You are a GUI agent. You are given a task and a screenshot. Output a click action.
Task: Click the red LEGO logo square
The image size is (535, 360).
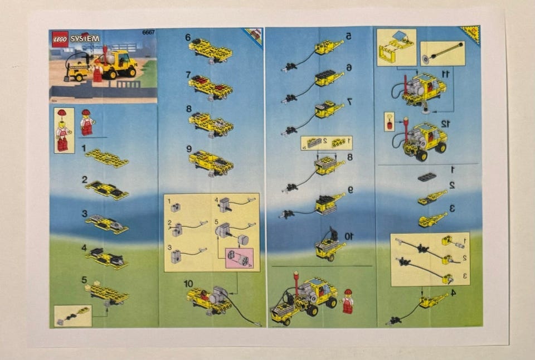click(x=60, y=39)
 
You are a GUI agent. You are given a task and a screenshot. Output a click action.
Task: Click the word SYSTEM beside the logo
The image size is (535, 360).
click(x=85, y=39)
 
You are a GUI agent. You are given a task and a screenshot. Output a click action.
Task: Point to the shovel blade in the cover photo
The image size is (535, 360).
click(x=67, y=79)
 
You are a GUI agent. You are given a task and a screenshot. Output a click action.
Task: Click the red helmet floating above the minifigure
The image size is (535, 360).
click(x=62, y=113)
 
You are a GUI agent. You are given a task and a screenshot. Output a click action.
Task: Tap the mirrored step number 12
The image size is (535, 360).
click(x=444, y=124)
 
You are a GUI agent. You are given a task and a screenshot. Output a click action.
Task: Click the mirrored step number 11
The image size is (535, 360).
click(x=445, y=73)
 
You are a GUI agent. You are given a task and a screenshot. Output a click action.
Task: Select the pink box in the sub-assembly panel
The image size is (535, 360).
click(x=239, y=258)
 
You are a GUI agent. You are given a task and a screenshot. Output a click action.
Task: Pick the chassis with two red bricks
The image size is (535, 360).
click(x=210, y=87)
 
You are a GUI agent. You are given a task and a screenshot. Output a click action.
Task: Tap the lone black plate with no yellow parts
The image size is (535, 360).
click(x=426, y=177)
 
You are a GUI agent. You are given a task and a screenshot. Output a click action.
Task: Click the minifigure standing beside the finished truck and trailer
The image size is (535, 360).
click(x=347, y=301)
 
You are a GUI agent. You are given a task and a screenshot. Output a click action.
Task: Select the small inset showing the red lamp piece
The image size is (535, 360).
click(x=390, y=121)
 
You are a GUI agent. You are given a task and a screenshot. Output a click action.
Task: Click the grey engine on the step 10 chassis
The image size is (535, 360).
click(x=218, y=295)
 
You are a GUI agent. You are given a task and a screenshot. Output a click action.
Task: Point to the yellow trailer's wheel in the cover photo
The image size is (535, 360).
click(x=79, y=77)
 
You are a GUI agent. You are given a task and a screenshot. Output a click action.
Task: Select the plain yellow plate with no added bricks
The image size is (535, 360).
click(x=107, y=158)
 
